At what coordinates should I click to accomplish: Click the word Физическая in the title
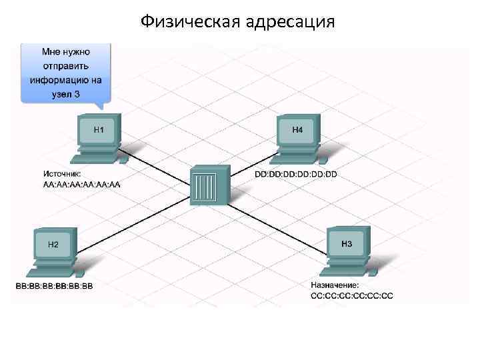190,23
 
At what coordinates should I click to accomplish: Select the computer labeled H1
99,136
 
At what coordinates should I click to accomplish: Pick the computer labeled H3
348,251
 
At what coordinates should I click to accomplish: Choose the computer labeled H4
298,136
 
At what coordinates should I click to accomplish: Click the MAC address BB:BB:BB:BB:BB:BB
55,287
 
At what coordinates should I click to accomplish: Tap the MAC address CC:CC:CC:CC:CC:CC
352,295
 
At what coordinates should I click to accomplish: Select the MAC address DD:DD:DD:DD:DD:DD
297,175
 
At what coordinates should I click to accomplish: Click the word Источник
62,175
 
